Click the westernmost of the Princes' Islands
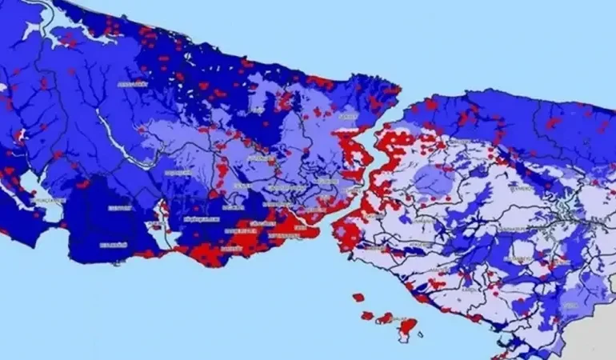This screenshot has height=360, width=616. [358, 298]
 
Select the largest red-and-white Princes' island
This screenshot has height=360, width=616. [408, 326]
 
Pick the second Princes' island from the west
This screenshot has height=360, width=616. [368, 315]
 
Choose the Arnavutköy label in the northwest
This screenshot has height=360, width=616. [133, 84]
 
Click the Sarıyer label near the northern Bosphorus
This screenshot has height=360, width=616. [348, 117]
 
